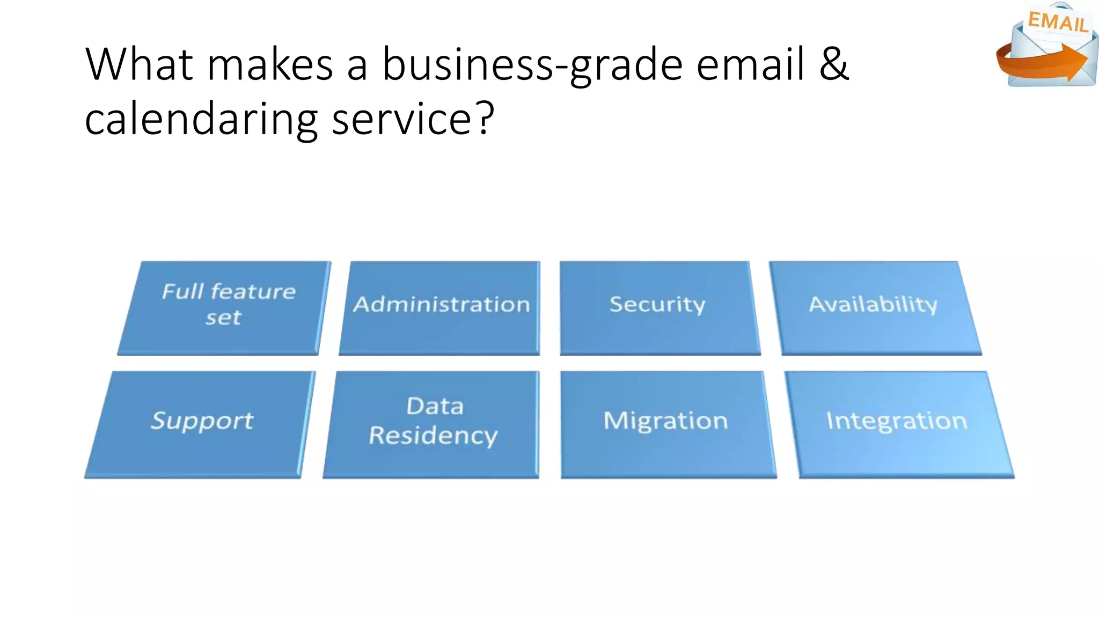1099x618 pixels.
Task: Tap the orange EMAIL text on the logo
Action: click(1057, 23)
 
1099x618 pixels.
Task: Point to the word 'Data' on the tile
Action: click(435, 406)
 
